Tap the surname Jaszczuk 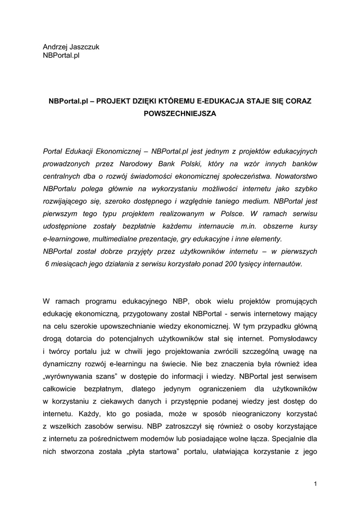(86, 47)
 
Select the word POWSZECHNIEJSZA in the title (180, 114)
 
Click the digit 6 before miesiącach (47, 264)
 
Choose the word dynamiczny (62, 364)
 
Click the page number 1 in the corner (315, 484)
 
